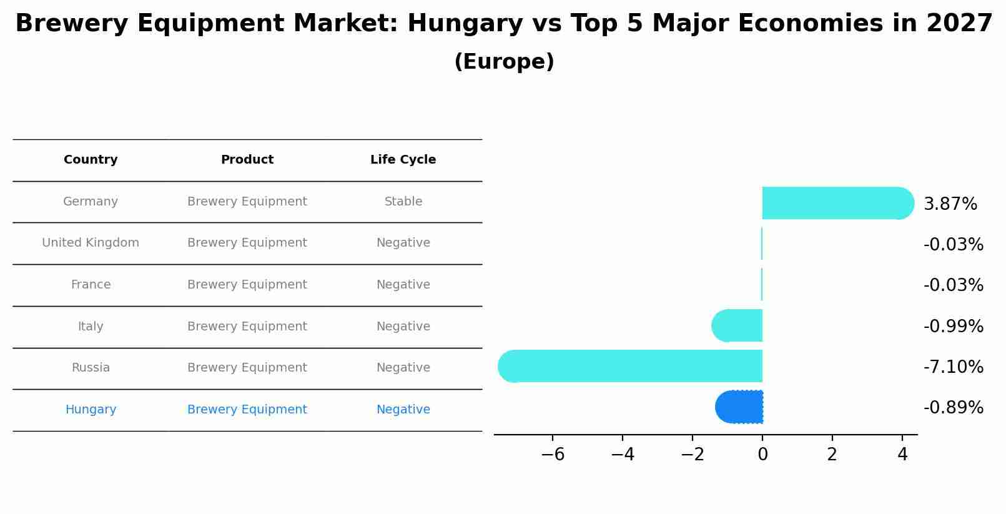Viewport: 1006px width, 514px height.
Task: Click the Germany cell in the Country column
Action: [x=91, y=202]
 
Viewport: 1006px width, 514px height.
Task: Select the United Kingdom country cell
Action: [x=91, y=243]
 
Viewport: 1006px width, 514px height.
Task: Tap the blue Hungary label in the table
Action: [x=91, y=410]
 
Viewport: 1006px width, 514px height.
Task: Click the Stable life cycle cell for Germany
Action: [x=403, y=202]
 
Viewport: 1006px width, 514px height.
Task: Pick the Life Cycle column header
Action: [x=403, y=160]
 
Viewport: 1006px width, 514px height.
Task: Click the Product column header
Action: [x=247, y=160]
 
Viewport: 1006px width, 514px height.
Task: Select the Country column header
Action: [x=91, y=160]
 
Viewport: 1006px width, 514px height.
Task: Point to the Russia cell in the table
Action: [x=91, y=368]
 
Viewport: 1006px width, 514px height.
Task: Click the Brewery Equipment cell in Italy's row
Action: [x=247, y=327]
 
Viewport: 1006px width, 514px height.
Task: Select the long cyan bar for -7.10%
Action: [x=631, y=366]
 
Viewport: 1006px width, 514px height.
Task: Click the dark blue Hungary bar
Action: [x=740, y=407]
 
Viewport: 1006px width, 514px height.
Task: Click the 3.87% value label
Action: [x=950, y=204]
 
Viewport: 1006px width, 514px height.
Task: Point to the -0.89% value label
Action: [x=953, y=408]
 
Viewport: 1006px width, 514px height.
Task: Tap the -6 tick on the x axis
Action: [x=553, y=455]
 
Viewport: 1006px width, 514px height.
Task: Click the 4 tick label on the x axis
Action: [x=902, y=455]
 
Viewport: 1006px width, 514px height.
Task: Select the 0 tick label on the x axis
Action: [x=762, y=455]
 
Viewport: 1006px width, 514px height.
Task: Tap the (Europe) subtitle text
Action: [x=504, y=62]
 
